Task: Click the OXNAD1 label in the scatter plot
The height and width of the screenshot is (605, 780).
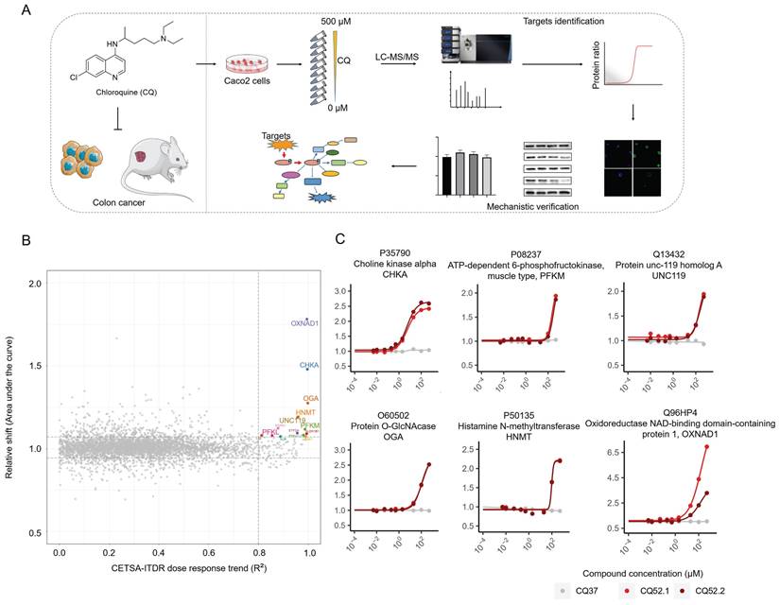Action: pyautogui.click(x=304, y=324)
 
